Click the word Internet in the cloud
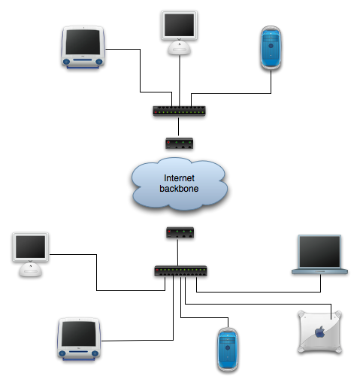179,178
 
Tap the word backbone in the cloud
179,189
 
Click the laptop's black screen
319,251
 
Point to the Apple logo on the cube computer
320,332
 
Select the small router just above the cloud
180,144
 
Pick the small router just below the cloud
180,232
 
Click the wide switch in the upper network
180,111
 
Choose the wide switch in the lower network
180,271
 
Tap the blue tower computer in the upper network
271,47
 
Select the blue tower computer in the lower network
228,350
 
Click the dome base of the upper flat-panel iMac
179,48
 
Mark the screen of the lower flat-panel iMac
31,247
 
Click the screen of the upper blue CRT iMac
83,42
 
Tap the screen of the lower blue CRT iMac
79,334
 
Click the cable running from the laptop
259,292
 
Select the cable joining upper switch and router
179,126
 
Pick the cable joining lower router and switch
178,252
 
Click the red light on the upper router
168,142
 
